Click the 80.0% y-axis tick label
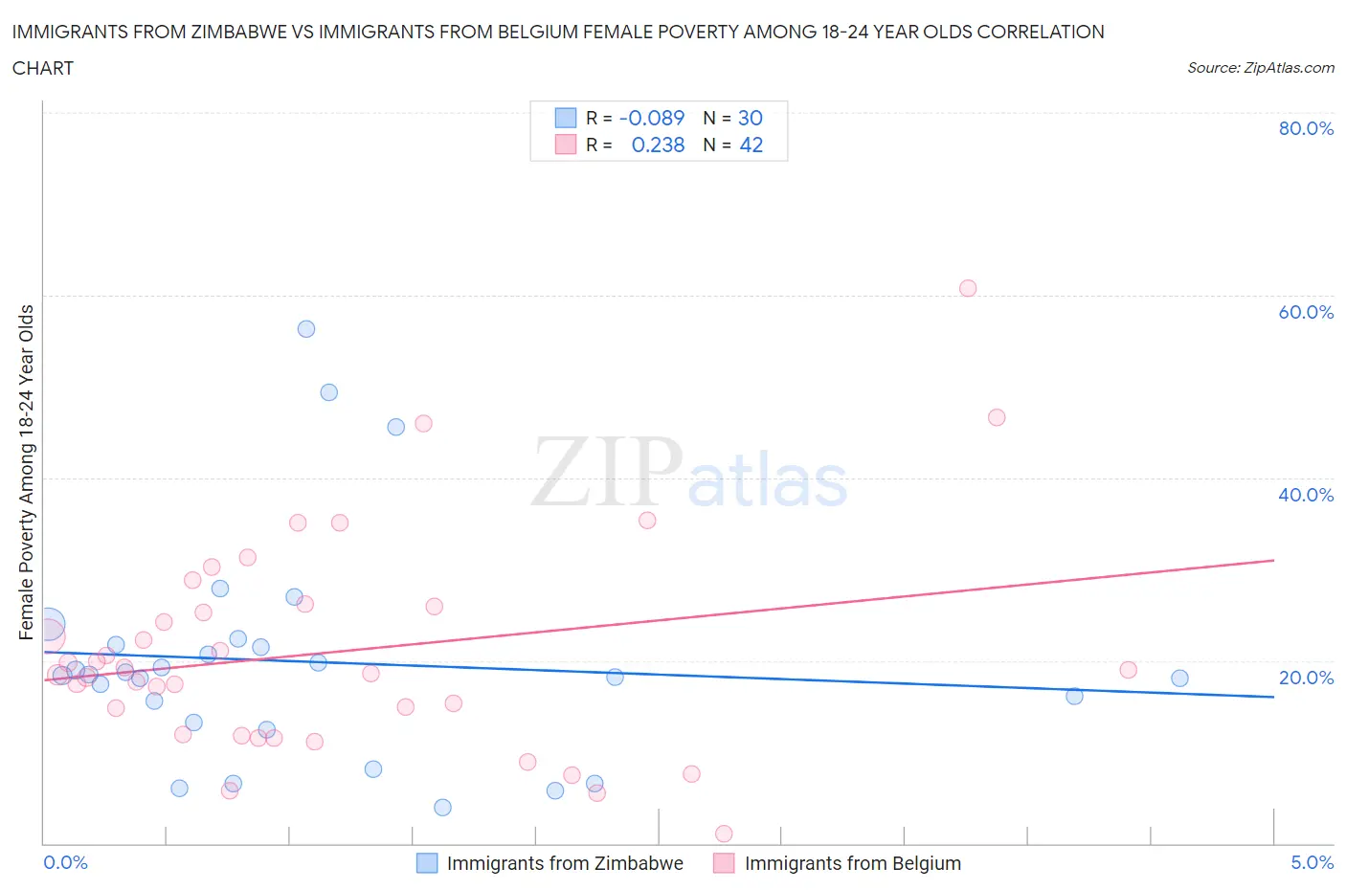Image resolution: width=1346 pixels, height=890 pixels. [x=1305, y=129]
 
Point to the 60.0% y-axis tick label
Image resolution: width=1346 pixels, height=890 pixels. [x=1305, y=312]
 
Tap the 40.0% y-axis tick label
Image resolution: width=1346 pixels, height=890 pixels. [x=1305, y=495]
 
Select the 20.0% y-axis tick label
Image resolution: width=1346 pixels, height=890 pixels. [x=1305, y=678]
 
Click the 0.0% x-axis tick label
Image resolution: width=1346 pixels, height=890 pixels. [x=65, y=862]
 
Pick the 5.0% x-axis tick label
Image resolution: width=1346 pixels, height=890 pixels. [x=1312, y=862]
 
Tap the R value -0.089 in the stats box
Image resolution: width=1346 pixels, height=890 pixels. [x=652, y=118]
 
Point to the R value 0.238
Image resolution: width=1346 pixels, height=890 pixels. [x=658, y=145]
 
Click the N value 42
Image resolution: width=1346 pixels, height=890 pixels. [x=751, y=145]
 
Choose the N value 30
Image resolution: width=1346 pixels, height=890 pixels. [x=750, y=118]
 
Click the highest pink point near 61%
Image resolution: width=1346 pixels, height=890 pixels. [x=968, y=288]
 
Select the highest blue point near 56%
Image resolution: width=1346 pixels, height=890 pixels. [x=306, y=329]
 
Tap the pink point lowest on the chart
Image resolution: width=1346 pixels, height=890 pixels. [x=724, y=834]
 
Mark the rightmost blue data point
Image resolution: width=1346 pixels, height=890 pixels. [x=1179, y=679]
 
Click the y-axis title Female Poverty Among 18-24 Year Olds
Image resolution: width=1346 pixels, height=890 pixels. [x=27, y=472]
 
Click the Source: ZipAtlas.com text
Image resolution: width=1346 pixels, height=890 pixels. [x=1260, y=68]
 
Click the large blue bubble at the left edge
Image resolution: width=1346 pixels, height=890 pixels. [x=48, y=625]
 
